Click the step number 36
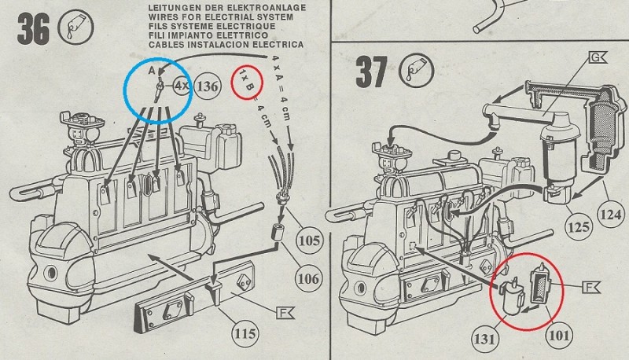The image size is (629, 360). (x=33, y=30)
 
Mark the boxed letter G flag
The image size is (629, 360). (x=598, y=59)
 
